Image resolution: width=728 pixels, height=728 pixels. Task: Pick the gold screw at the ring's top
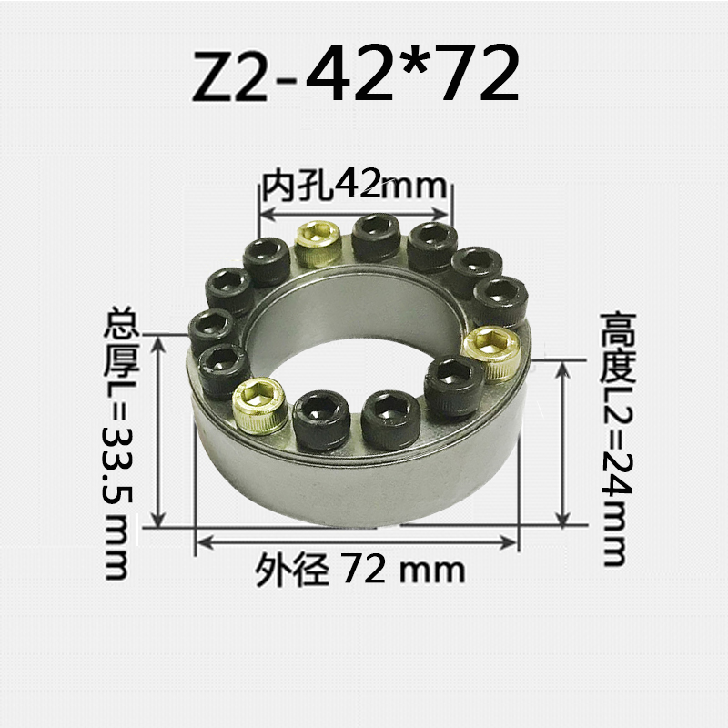318,245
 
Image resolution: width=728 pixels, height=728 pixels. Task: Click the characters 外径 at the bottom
290,571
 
